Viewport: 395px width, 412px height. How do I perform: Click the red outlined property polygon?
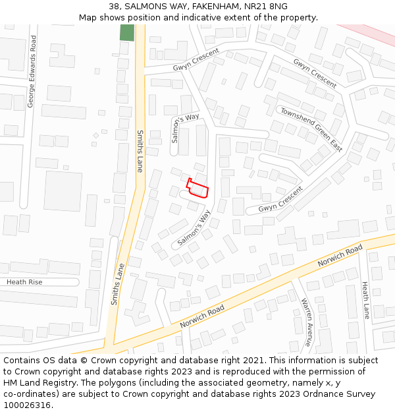pyautogui.click(x=199, y=190)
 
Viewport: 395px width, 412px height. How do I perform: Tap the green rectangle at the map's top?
pyautogui.click(x=126, y=32)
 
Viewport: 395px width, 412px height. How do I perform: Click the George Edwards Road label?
pyautogui.click(x=31, y=72)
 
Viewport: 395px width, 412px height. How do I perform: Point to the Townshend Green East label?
pyautogui.click(x=311, y=128)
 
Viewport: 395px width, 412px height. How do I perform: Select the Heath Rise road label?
pyautogui.click(x=24, y=282)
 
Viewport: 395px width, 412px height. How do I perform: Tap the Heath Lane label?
pyautogui.click(x=365, y=300)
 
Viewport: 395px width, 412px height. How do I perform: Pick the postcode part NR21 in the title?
pyautogui.click(x=253, y=7)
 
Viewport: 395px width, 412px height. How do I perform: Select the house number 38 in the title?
pyautogui.click(x=114, y=7)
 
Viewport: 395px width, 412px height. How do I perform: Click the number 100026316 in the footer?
pyautogui.click(x=28, y=405)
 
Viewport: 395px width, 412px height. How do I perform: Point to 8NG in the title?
pyautogui.click(x=277, y=7)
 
